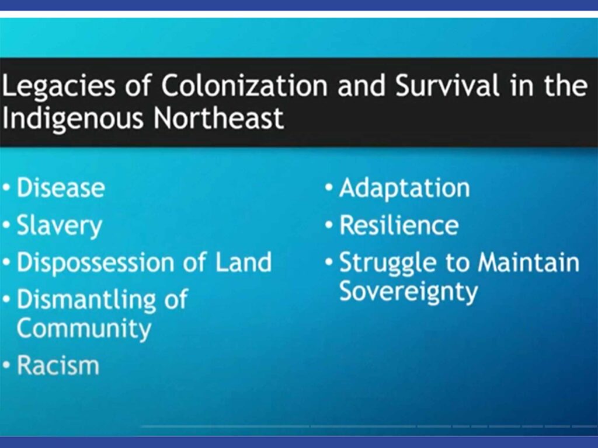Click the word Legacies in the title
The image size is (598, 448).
pyautogui.click(x=58, y=86)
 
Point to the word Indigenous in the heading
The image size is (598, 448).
pyautogui.click(x=73, y=118)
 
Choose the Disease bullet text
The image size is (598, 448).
pyautogui.click(x=61, y=188)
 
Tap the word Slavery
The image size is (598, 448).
pyautogui.click(x=60, y=226)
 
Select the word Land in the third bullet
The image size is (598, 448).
pyautogui.click(x=244, y=262)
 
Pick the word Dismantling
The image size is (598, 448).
pyautogui.click(x=86, y=300)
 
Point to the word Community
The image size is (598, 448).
pyautogui.click(x=84, y=329)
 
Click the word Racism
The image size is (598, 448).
pyautogui.click(x=58, y=365)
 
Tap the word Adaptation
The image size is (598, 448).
pyautogui.click(x=404, y=188)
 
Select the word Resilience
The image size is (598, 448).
pyautogui.click(x=398, y=225)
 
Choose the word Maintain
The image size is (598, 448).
pyautogui.click(x=529, y=262)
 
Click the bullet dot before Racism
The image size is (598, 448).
pyautogui.click(x=6, y=365)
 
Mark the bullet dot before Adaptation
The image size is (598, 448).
pyautogui.click(x=329, y=188)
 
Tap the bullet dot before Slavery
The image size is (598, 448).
pyautogui.click(x=6, y=225)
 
